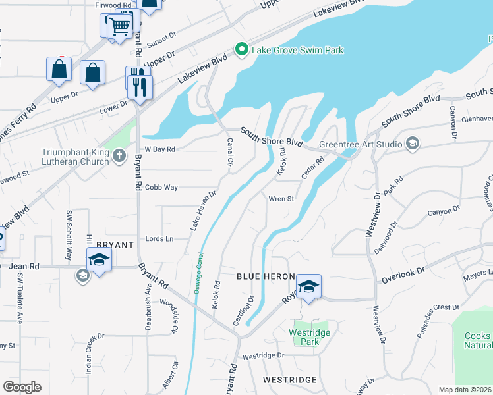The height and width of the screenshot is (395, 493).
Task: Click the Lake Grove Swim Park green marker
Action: (x=242, y=49)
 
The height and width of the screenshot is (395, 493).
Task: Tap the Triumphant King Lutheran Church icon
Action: (x=119, y=156)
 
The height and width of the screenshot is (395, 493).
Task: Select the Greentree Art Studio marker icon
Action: (x=413, y=144)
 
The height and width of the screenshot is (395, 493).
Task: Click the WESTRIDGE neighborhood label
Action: (x=289, y=380)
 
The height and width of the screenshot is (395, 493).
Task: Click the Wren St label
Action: (x=281, y=198)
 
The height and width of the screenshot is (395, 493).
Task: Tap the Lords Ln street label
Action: (x=159, y=239)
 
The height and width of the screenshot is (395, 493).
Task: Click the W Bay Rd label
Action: (x=160, y=149)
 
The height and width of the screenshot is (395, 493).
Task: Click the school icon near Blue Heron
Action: (x=308, y=286)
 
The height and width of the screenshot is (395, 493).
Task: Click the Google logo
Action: (x=22, y=386)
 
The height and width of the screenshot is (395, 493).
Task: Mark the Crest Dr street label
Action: (x=446, y=307)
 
